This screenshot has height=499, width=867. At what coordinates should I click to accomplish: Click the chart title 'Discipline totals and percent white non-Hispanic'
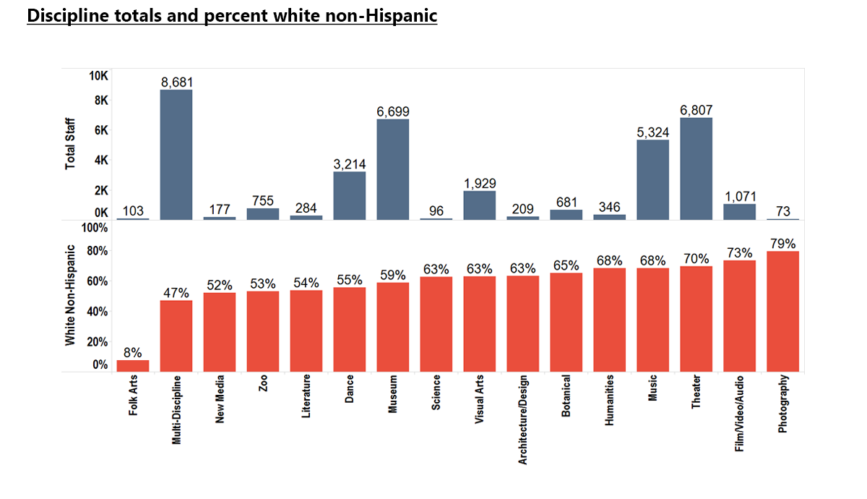[x=232, y=15]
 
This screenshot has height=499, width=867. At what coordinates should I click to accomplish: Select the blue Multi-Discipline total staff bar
[x=176, y=155]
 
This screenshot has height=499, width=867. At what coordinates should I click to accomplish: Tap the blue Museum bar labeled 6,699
[x=393, y=169]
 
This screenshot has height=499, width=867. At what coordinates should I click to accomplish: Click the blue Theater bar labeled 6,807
[x=696, y=169]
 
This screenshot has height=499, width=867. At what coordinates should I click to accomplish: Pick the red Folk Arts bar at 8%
[x=133, y=366]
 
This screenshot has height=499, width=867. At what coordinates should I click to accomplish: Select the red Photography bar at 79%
[x=782, y=312]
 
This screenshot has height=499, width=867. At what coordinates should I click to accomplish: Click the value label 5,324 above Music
[x=652, y=132]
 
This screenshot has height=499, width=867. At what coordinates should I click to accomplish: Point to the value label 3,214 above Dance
[x=350, y=163]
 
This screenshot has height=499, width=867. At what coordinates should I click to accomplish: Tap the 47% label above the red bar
[x=176, y=293]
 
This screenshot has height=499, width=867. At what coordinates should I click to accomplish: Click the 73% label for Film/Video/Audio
[x=739, y=253]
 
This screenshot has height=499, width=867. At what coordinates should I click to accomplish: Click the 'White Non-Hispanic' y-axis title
[x=71, y=294]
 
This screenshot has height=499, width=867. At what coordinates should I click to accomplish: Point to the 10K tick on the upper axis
[x=98, y=76]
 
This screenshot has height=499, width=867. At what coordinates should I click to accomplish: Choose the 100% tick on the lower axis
[x=95, y=229]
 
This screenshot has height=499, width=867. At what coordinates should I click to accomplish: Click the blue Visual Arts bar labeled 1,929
[x=480, y=205]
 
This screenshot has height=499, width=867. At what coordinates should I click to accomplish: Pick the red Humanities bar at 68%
[x=609, y=320]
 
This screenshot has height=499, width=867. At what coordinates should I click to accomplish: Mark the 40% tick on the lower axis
[x=98, y=312]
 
